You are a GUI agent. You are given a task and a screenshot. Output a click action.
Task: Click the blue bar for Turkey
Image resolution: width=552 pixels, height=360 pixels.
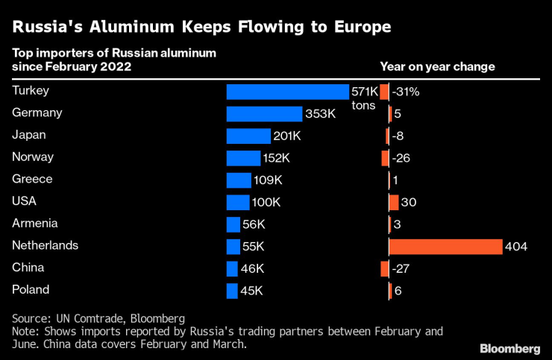pyautogui.click(x=287, y=92)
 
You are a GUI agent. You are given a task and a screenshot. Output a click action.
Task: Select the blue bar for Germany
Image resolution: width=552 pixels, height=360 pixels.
pyautogui.click(x=265, y=114)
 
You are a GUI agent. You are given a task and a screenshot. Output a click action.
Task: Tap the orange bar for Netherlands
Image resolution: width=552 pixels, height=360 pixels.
pyautogui.click(x=445, y=246)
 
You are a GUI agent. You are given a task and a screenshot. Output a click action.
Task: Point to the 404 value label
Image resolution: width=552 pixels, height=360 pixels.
pyautogui.click(x=516, y=246)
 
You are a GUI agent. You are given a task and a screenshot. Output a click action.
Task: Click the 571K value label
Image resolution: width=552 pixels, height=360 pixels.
pyautogui.click(x=365, y=92)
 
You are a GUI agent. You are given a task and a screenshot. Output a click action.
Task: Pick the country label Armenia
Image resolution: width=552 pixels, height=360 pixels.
pyautogui.click(x=35, y=224)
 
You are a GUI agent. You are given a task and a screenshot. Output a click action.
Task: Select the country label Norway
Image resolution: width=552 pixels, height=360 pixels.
pyautogui.click(x=33, y=157)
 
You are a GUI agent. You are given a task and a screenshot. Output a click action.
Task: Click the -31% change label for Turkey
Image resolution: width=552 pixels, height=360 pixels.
pyautogui.click(x=406, y=92)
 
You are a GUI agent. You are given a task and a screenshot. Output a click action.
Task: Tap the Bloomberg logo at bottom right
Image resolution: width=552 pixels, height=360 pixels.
pyautogui.click(x=509, y=348)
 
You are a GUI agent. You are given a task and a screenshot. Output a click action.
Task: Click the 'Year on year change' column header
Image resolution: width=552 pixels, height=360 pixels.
pyautogui.click(x=437, y=66)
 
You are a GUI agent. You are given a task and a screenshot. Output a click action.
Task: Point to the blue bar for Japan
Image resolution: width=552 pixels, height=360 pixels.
pyautogui.click(x=248, y=136)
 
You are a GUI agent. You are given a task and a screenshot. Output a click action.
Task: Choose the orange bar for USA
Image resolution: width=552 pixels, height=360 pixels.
pyautogui.click(x=393, y=202)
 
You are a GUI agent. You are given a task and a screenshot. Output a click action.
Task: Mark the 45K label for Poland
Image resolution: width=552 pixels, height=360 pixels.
pyautogui.click(x=251, y=291)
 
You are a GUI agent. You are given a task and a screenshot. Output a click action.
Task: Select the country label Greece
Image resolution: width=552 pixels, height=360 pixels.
pyautogui.click(x=33, y=180)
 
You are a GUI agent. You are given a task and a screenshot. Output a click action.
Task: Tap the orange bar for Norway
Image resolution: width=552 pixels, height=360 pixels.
pyautogui.click(x=385, y=158)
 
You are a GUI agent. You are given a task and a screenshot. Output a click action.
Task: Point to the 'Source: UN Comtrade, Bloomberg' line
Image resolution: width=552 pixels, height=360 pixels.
pyautogui.click(x=98, y=318)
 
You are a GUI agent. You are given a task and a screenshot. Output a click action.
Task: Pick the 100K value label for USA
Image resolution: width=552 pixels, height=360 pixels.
pyautogui.click(x=266, y=202)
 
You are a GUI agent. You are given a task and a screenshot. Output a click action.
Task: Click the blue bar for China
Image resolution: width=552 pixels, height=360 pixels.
pyautogui.click(x=232, y=268)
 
